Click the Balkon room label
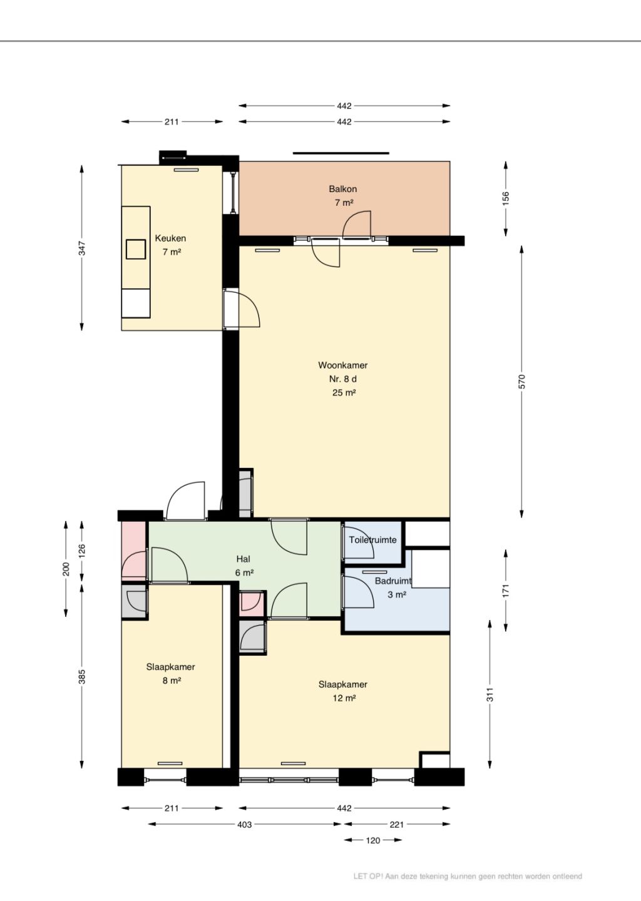[343, 189]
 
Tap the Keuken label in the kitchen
[171, 238]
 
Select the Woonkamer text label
[343, 365]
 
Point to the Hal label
[244, 559]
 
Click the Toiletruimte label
[373, 540]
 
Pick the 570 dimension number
[522, 381]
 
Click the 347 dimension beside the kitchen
[82, 248]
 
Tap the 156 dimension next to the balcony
[506, 198]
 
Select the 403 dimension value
[244, 824]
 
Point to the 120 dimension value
[373, 840]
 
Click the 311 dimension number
[490, 695]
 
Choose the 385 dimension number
[82, 676]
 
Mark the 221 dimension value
[397, 824]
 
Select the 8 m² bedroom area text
[172, 681]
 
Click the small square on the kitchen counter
[136, 249]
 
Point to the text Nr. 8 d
[343, 379]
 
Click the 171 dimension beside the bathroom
[506, 590]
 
